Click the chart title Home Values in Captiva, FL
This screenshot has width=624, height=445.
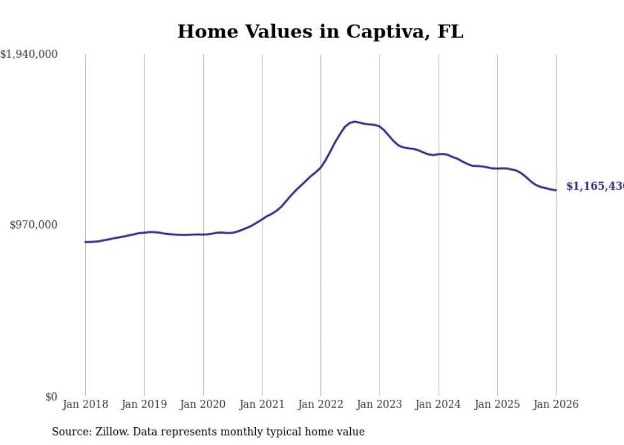click(320, 32)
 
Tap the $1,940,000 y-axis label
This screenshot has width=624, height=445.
click(29, 55)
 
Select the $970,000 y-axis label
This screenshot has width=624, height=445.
click(34, 225)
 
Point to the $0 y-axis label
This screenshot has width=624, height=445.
click(51, 397)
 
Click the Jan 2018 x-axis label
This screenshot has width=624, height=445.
click(85, 405)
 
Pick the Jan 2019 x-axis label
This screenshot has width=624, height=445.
click(144, 405)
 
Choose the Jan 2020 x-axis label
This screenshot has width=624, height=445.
click(203, 405)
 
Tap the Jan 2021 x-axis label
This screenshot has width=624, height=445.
click(262, 405)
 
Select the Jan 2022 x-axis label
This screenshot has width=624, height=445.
click(321, 405)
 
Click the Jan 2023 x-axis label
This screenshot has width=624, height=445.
click(379, 405)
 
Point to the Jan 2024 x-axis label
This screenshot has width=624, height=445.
click(439, 405)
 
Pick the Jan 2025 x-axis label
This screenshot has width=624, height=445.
click(497, 405)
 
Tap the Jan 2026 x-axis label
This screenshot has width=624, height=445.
click(556, 405)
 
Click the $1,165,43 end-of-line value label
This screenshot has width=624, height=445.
click(593, 187)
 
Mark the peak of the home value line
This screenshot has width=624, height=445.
click(355, 122)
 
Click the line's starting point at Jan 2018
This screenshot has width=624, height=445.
click(85, 242)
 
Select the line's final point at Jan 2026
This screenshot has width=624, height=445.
click(556, 190)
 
